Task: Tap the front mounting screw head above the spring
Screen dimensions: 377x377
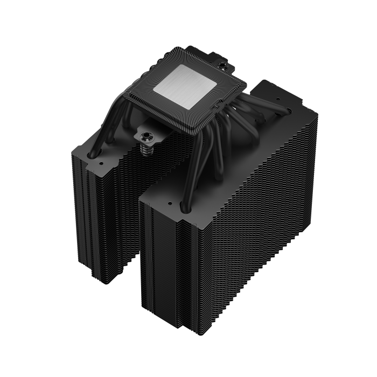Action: pos(145,133)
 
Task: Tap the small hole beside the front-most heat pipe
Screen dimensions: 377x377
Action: pos(170,204)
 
